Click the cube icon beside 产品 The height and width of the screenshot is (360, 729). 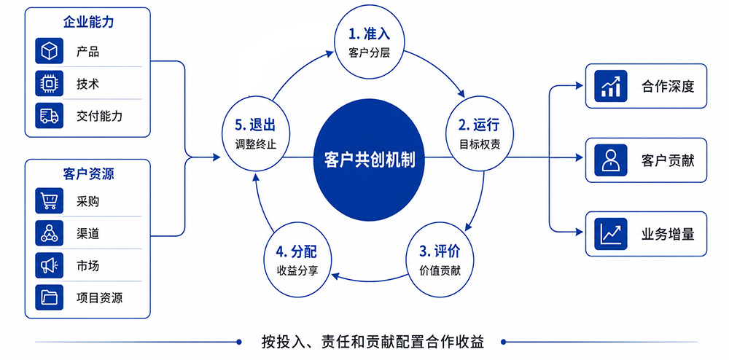[x=50, y=50]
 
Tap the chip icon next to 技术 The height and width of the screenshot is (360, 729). [x=50, y=84]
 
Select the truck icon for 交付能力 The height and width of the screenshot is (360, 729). [x=50, y=116]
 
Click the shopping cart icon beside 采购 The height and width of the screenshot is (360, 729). [x=50, y=200]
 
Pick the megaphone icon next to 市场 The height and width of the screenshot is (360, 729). [x=50, y=265]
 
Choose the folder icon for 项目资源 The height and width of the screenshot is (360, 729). [x=50, y=297]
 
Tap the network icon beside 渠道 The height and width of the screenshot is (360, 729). [x=50, y=232]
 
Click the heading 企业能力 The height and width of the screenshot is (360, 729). [x=88, y=22]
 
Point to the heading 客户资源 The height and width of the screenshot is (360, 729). [x=88, y=173]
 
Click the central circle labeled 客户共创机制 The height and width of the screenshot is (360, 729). [x=369, y=158]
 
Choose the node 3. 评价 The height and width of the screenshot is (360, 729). [x=440, y=261]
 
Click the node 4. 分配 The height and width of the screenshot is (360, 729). [x=297, y=261]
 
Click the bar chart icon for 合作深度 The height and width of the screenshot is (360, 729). [x=611, y=86]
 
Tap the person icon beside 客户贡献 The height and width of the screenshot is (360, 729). [x=611, y=160]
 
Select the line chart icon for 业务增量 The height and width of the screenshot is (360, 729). [x=611, y=234]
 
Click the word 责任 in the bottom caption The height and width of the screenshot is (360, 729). [x=332, y=342]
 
